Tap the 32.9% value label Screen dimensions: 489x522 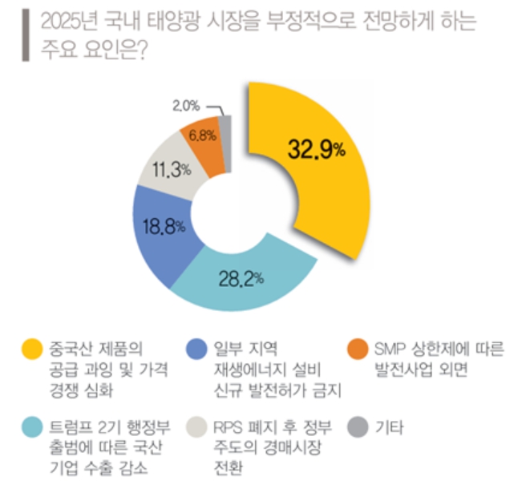[x=316, y=148]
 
